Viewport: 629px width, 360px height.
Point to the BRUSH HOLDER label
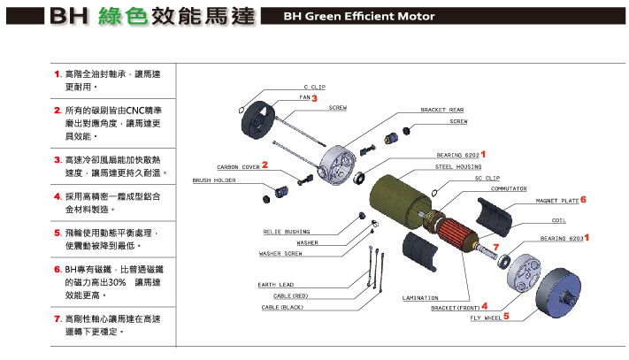point(214,180)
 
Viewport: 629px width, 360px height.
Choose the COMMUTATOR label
point(510,188)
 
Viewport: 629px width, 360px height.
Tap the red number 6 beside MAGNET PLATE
point(583,200)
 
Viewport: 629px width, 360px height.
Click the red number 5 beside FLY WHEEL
point(506,315)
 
